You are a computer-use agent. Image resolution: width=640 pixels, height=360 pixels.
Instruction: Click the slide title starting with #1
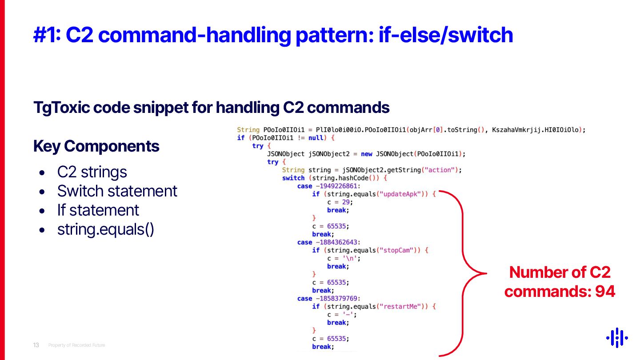pos(273,35)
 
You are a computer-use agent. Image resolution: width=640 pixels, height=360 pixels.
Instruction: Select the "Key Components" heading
pos(96,146)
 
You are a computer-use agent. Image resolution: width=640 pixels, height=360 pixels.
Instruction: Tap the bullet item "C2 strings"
pos(92,172)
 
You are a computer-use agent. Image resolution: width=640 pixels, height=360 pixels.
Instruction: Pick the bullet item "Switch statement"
pos(117,191)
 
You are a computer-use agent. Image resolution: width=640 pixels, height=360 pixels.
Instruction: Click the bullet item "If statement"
pos(98,210)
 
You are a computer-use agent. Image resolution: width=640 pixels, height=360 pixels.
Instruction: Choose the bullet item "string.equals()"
pos(106,229)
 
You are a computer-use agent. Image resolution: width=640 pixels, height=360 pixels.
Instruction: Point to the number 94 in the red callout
pos(605,292)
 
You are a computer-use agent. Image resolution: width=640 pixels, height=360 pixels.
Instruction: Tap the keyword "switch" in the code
pos(293,178)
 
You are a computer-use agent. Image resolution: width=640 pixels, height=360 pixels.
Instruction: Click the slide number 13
pos(36,345)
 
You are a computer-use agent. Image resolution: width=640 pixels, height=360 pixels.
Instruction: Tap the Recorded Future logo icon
pos(617,338)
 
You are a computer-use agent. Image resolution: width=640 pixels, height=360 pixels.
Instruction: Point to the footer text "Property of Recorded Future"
pos(76,345)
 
